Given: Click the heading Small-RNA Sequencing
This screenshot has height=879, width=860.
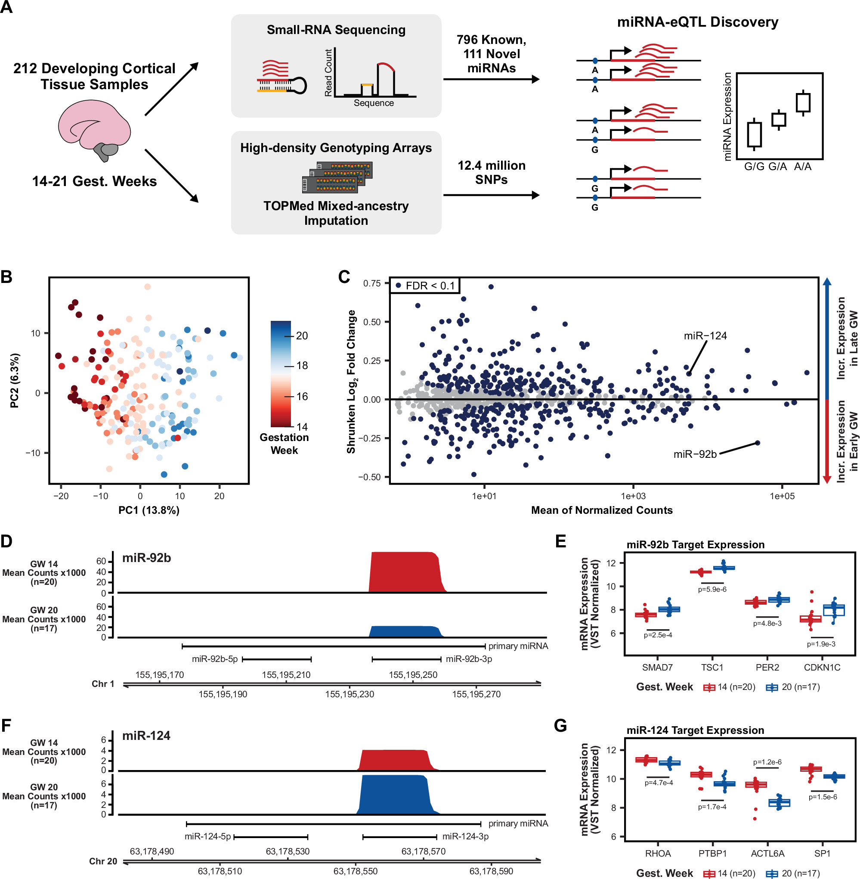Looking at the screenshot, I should (x=336, y=30).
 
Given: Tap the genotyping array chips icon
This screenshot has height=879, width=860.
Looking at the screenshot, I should (x=337, y=177).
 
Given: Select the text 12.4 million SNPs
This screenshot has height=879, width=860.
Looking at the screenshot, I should (x=491, y=172).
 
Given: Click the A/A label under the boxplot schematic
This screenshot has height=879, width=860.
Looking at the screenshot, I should (x=803, y=167).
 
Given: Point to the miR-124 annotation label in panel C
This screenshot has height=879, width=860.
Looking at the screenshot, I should (x=705, y=336).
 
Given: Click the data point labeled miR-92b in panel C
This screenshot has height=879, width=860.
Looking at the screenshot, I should (x=758, y=443).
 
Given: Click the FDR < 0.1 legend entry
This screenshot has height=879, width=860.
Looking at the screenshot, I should (x=424, y=286).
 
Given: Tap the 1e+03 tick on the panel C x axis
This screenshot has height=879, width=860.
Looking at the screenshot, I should (x=633, y=496).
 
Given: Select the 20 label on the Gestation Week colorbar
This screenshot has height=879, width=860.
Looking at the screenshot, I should (x=302, y=336).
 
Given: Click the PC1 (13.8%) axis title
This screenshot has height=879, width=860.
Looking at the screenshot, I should (x=148, y=510).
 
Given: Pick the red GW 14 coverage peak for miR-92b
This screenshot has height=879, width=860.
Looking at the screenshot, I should (x=405, y=571).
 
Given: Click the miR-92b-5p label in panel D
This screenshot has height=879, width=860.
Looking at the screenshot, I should (x=214, y=659).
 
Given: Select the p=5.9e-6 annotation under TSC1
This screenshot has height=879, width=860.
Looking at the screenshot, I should (x=712, y=589).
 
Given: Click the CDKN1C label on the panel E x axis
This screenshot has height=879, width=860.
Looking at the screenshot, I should (x=822, y=668).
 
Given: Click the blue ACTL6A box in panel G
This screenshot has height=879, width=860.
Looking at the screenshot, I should (x=780, y=803).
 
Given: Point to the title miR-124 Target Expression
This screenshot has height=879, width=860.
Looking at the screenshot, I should (x=695, y=730).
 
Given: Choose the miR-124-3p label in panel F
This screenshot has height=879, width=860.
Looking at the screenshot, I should (x=465, y=836).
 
